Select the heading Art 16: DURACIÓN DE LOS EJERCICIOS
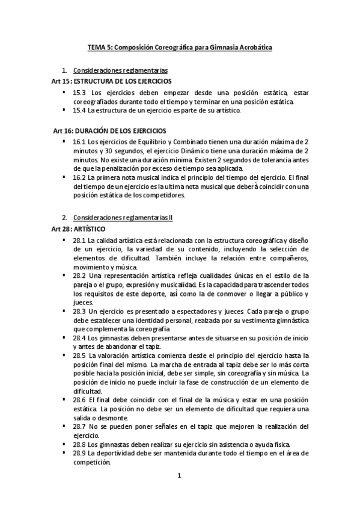[109, 131]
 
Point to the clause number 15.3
[79, 92]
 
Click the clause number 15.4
[79, 111]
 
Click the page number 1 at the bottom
[179, 476]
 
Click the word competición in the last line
[92, 463]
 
